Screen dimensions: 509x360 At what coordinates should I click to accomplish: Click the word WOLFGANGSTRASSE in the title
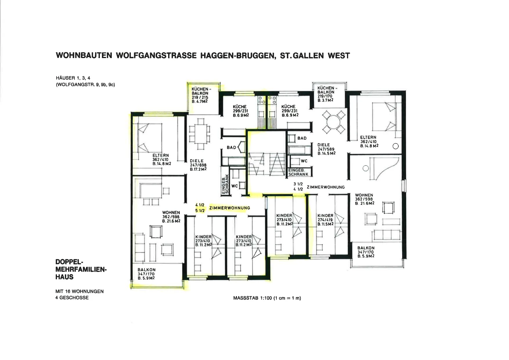156,55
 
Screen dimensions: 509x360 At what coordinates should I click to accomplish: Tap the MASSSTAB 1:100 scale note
267,298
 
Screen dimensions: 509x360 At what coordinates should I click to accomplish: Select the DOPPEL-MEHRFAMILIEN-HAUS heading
81,269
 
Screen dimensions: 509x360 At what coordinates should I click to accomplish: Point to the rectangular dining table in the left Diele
199,134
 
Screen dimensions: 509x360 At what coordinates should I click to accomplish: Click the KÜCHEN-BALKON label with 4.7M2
200,95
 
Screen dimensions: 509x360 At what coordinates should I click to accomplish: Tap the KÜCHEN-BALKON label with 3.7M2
326,94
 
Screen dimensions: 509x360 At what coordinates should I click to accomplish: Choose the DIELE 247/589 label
326,149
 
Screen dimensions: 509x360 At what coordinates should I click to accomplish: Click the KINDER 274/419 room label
325,220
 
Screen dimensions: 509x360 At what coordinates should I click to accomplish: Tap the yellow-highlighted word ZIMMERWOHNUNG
229,208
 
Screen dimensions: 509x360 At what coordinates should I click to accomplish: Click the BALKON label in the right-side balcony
366,252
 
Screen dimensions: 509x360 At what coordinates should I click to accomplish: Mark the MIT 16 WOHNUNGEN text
80,291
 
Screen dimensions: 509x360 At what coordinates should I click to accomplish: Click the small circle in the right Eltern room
395,146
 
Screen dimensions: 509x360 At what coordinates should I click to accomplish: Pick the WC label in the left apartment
235,186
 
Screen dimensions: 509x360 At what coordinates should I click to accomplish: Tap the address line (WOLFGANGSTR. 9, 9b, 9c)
85,85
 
